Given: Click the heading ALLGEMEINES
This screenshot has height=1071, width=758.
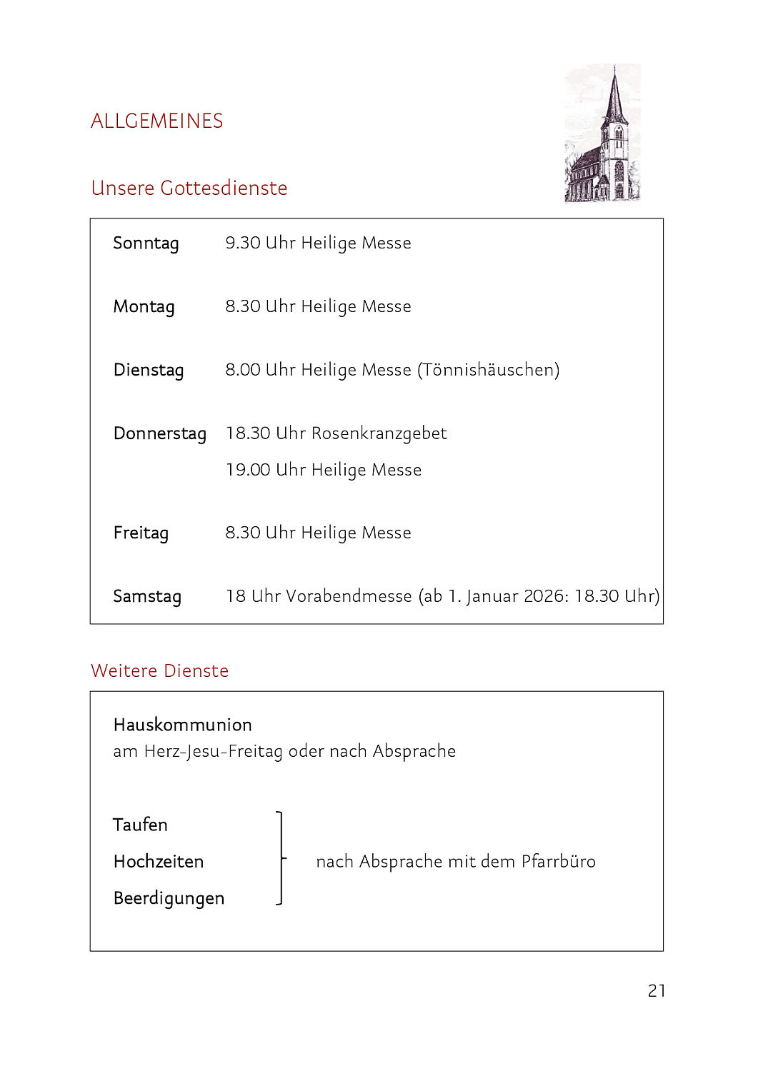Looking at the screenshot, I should [x=156, y=121].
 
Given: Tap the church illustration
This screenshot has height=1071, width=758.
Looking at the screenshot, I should [x=602, y=134].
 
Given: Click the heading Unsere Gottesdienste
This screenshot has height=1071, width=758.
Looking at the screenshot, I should [x=189, y=188].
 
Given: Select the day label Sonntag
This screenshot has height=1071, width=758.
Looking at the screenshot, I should [x=146, y=243].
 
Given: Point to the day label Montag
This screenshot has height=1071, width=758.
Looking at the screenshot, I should [x=144, y=307].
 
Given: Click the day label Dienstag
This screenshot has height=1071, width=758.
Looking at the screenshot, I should [x=149, y=370].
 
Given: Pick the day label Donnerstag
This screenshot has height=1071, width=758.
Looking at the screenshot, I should [x=159, y=433].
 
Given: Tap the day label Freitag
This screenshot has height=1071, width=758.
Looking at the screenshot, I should [x=141, y=533].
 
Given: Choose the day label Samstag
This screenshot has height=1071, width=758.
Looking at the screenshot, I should [x=147, y=596].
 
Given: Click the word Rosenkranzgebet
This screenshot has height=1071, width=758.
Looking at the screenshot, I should [x=379, y=433].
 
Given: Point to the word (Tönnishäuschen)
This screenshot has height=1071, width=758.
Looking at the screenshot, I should [x=489, y=370].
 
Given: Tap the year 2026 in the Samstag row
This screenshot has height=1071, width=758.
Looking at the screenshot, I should [x=545, y=596].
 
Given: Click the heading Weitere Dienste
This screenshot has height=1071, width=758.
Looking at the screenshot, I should [x=159, y=670].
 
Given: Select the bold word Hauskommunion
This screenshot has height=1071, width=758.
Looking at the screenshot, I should [x=182, y=725].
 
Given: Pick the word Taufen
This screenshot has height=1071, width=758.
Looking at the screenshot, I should [x=140, y=825].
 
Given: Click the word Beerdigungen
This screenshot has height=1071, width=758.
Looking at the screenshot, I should [x=169, y=898].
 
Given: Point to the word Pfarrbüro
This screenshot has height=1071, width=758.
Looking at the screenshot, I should [x=558, y=862].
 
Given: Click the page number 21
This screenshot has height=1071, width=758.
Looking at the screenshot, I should [x=657, y=990].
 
